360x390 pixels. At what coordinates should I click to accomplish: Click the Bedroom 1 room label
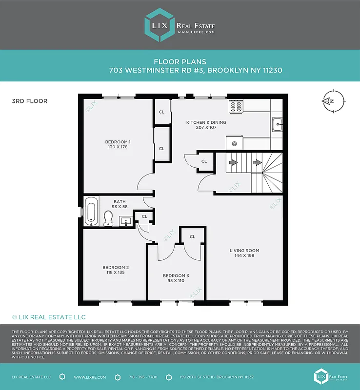pyautogui.click(x=118, y=142)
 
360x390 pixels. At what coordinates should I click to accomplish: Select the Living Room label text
pyautogui.click(x=244, y=251)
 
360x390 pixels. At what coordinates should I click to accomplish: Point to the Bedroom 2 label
pyautogui.click(x=116, y=267)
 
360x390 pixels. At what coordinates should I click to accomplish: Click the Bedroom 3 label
pyautogui.click(x=176, y=275)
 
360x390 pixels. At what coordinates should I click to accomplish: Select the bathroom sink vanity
pyautogui.click(x=125, y=222)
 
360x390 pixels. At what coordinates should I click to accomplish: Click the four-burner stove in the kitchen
pyautogui.click(x=237, y=107)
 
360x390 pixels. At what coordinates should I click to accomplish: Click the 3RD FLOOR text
pyautogui.click(x=30, y=101)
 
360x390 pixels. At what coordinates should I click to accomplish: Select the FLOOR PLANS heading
pyautogui.click(x=180, y=62)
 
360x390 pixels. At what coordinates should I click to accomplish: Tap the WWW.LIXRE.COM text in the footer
pyautogui.click(x=88, y=377)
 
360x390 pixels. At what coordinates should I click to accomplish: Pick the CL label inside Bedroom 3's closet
pyautogui.click(x=192, y=236)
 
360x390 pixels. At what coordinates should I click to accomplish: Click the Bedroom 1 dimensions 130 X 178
pyautogui.click(x=118, y=147)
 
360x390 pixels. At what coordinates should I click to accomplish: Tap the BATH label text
pyautogui.click(x=120, y=201)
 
